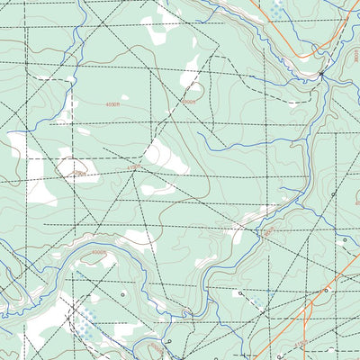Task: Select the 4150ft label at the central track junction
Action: (x=133, y=166)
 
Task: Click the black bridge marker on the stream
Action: (x=321, y=75)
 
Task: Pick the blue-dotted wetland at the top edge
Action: (x=276, y=8)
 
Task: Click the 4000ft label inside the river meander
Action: (x=98, y=254)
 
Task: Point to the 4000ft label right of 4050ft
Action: (x=187, y=103)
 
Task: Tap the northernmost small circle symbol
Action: (x=333, y=193)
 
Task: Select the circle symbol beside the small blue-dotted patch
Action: (x=241, y=293)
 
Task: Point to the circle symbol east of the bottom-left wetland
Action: (x=123, y=294)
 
